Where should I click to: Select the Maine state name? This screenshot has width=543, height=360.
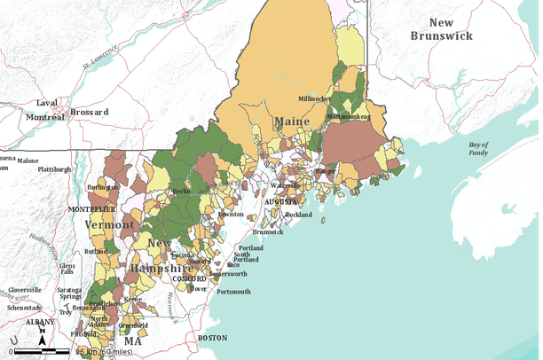tap(292, 121)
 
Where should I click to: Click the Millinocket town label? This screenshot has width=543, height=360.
tap(314, 98)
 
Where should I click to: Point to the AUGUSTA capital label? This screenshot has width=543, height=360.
tap(281, 202)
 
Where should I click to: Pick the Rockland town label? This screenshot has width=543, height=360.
tap(299, 215)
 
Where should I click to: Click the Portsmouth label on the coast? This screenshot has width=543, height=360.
tap(233, 292)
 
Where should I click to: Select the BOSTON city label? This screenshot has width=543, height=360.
tap(213, 338)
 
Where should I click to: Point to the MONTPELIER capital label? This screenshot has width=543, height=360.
tap(92, 208)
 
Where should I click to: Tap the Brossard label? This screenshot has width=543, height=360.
tap(90, 113)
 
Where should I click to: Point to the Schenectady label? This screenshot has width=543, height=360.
tap(24, 307)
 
